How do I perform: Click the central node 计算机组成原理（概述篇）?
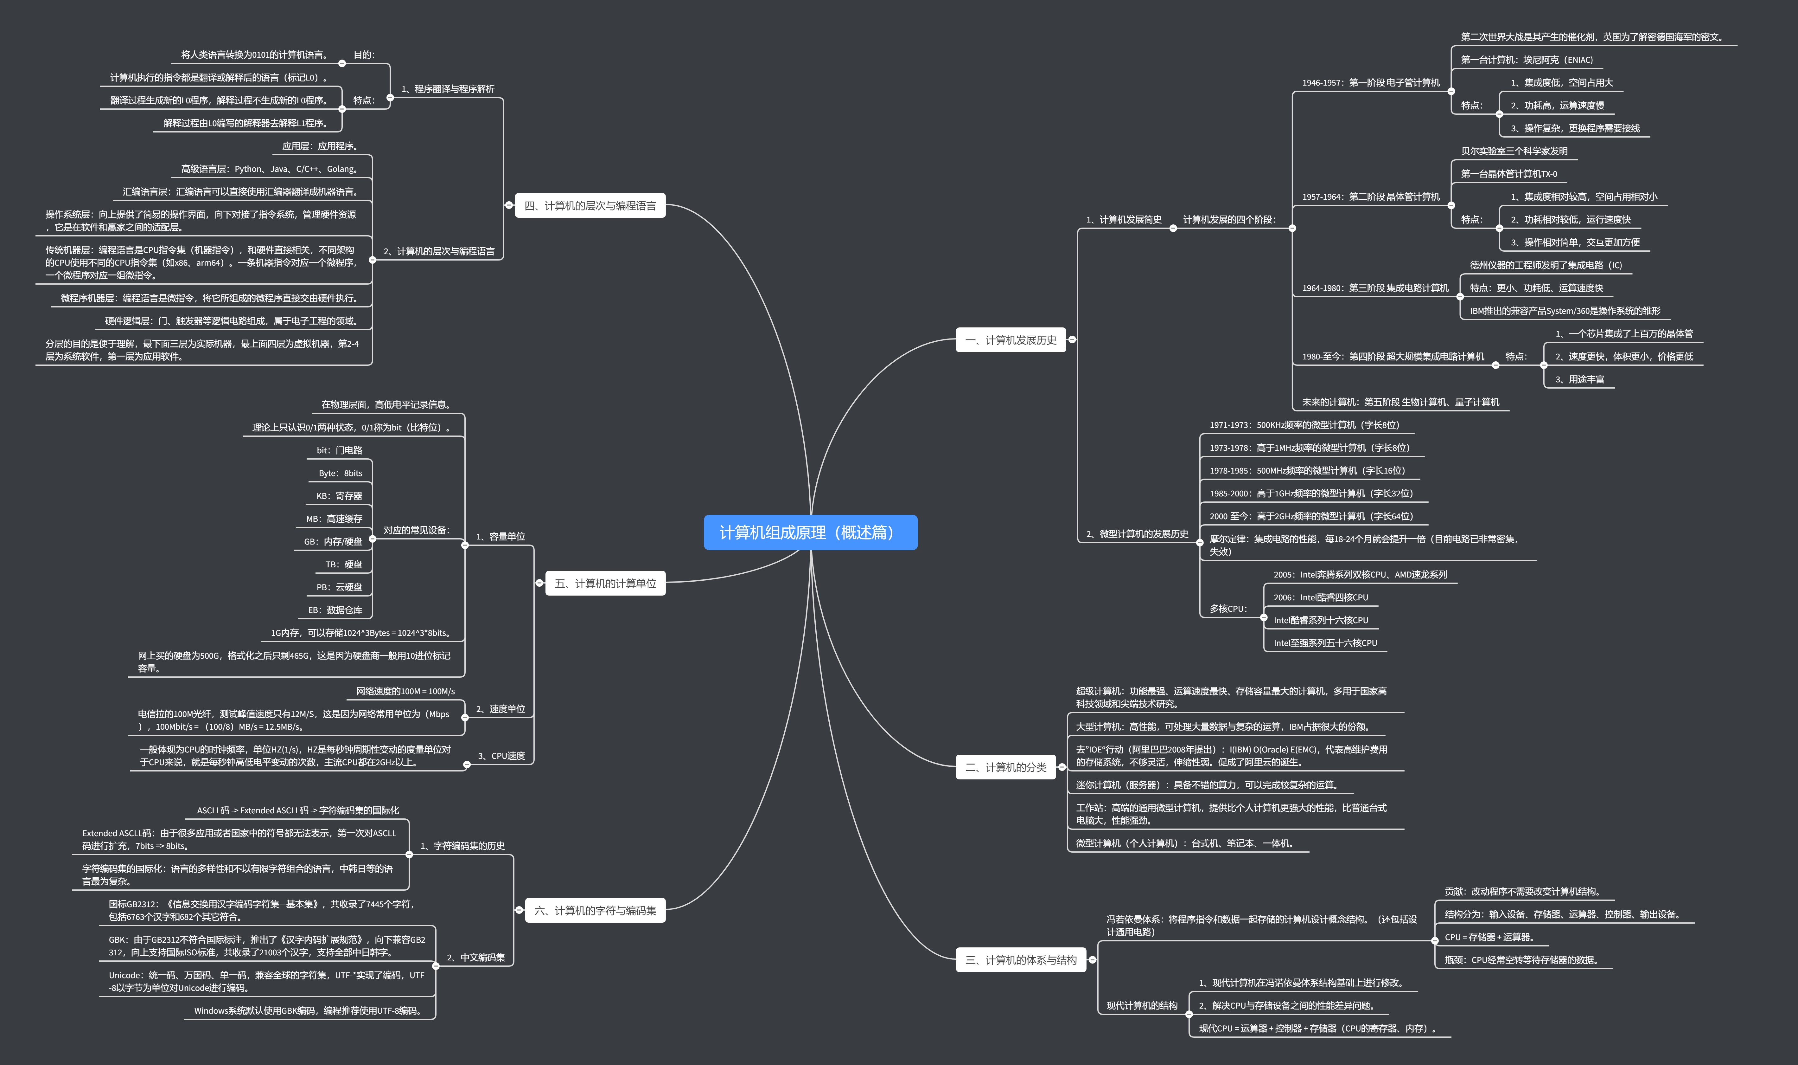pos(810,532)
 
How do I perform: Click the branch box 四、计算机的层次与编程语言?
pos(590,206)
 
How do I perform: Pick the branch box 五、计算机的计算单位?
pos(605,584)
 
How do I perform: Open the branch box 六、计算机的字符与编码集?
pos(595,911)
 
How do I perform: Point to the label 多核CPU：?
pos(1228,609)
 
